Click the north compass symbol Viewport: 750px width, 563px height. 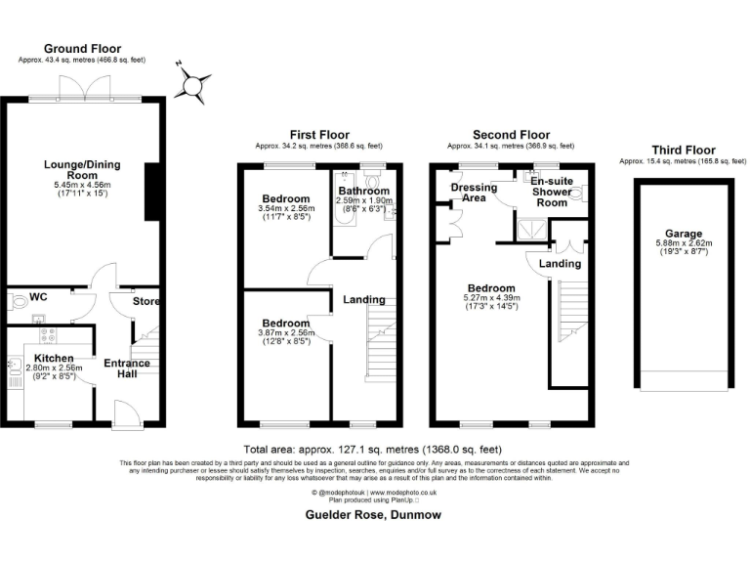(x=193, y=83)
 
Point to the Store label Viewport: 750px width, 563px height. (x=146, y=301)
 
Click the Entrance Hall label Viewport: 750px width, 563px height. (x=127, y=369)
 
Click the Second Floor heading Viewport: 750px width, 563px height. (x=511, y=135)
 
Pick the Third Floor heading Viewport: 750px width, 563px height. (x=682, y=151)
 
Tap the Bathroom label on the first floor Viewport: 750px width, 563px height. (x=363, y=191)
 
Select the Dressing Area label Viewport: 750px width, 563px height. (x=474, y=193)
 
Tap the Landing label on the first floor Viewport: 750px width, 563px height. (x=364, y=300)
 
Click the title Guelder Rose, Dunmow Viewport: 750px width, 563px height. (x=375, y=514)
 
